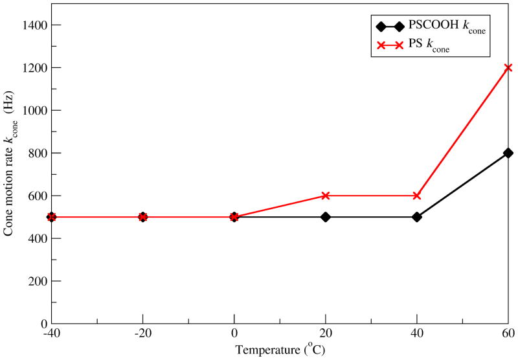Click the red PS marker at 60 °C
[508, 67]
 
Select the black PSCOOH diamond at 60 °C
[508, 153]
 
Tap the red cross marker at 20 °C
[326, 196]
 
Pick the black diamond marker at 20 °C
[326, 217]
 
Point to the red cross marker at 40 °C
[417, 196]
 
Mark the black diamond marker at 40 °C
[417, 217]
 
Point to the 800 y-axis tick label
[37, 153]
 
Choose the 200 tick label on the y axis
[37, 281]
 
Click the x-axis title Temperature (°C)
[280, 350]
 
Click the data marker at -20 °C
[143, 217]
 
